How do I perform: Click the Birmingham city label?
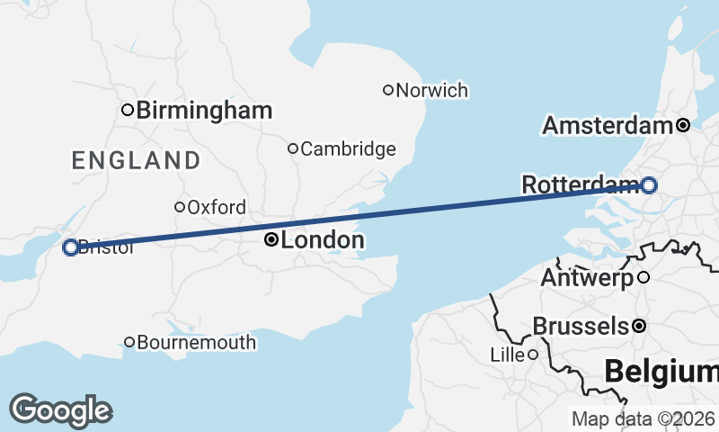click(x=205, y=111)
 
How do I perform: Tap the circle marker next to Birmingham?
click(x=128, y=110)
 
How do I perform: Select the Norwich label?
click(x=432, y=90)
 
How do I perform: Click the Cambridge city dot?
click(x=292, y=148)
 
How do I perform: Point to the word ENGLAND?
click(x=136, y=161)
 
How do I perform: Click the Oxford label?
click(x=217, y=208)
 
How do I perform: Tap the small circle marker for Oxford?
click(x=180, y=207)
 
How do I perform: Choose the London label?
click(x=323, y=240)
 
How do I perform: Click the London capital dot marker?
click(x=270, y=239)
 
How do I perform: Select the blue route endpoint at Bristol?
click(x=70, y=247)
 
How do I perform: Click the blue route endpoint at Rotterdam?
click(x=649, y=185)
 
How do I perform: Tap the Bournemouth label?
click(x=197, y=343)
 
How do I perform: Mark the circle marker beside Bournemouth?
click(x=129, y=342)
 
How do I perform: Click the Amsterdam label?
click(x=608, y=126)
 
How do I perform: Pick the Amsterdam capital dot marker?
click(x=683, y=125)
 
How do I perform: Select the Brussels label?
click(x=580, y=326)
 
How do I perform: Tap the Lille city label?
click(x=507, y=355)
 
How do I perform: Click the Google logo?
click(x=60, y=410)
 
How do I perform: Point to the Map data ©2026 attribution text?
click(x=643, y=418)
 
